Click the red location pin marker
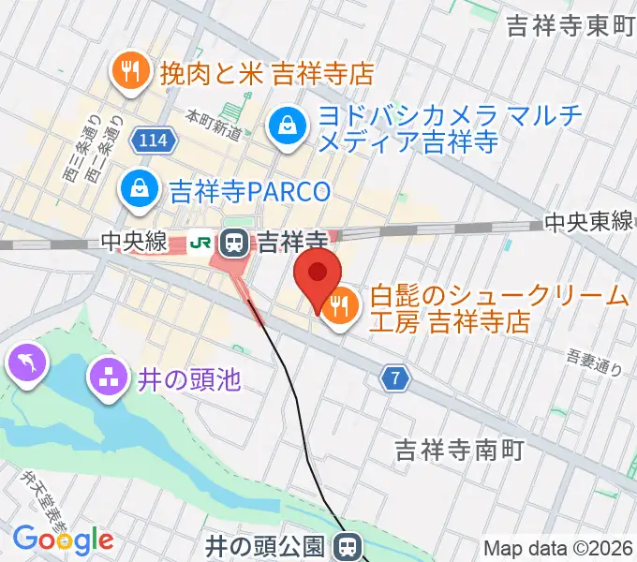coord(318,274)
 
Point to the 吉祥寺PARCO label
coord(250,193)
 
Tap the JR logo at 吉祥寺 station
coord(201,243)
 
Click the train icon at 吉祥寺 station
coord(234,244)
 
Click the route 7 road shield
coord(396,378)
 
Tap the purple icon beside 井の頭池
coord(107,379)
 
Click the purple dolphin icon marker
coord(28,362)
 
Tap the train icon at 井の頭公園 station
coord(348,545)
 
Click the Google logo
coord(63,540)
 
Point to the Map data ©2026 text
coord(557,548)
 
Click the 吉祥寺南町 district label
coord(457,450)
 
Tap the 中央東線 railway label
coord(588,223)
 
